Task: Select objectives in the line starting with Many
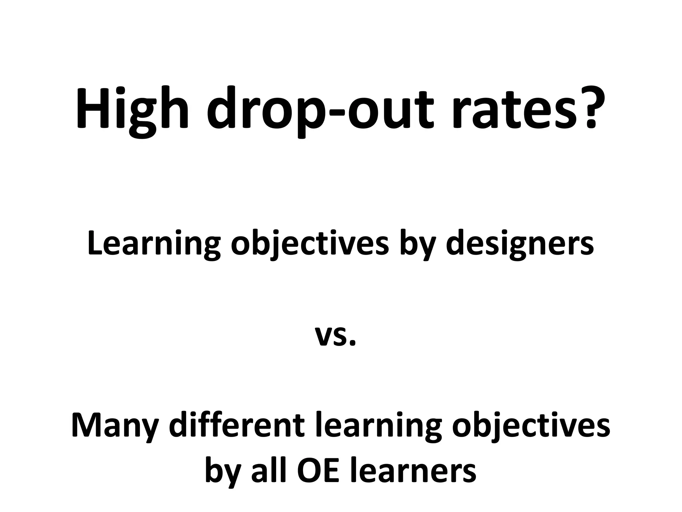coord(531,427)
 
